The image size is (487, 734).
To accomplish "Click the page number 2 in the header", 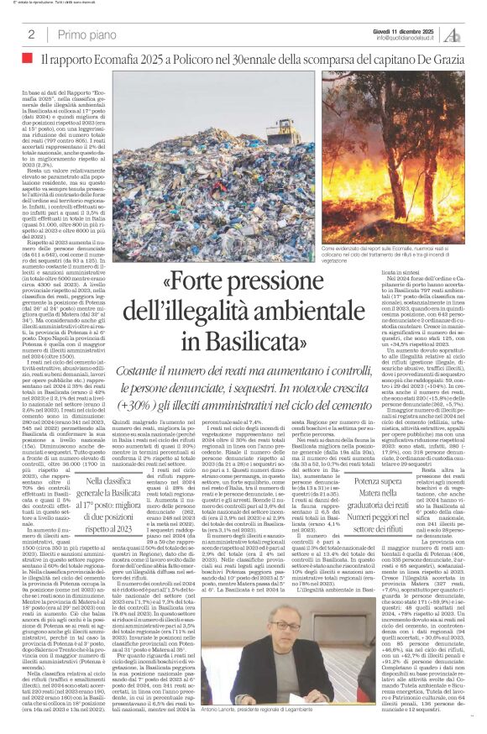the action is click(x=31, y=34).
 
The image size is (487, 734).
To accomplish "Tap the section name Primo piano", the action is click(x=83, y=34).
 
